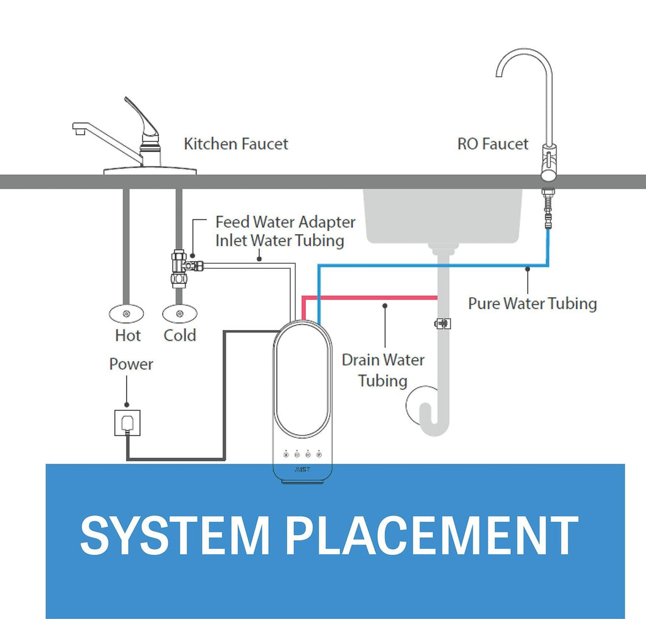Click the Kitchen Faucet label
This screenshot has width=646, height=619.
[x=236, y=144]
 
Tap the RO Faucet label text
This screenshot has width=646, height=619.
[x=493, y=144]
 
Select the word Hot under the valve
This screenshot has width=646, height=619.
[x=127, y=336]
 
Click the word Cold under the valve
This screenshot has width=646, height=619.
[x=180, y=336]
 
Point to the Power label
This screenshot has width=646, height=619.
[x=131, y=364]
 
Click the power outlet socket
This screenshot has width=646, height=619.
[x=127, y=422]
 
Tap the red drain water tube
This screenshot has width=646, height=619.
[x=370, y=298]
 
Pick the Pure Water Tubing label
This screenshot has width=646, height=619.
[x=532, y=304]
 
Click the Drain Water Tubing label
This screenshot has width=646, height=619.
[x=383, y=370]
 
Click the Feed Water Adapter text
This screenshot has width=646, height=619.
[x=285, y=222]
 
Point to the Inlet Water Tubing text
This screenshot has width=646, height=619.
[x=279, y=240]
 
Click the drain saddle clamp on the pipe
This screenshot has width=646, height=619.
[x=443, y=324]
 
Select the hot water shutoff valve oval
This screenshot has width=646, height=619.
[x=126, y=314]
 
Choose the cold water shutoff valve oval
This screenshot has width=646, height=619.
[x=180, y=314]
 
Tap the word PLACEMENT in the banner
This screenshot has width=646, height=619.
[x=432, y=536]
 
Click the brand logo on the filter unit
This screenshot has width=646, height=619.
[x=302, y=469]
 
